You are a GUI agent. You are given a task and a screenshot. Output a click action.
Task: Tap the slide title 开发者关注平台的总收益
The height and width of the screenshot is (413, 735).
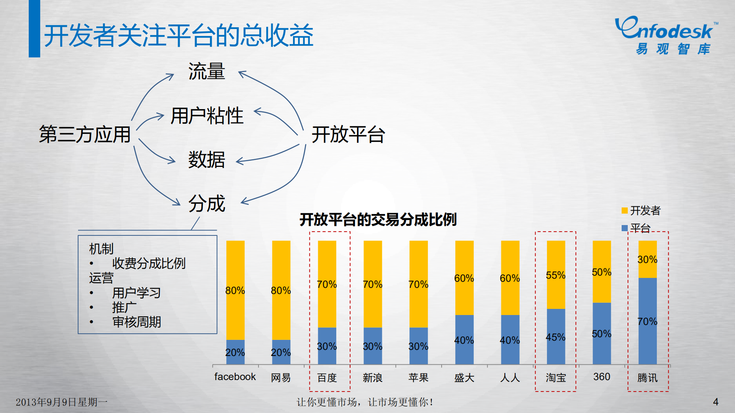(178, 36)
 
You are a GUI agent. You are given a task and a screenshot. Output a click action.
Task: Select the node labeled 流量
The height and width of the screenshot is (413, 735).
(206, 72)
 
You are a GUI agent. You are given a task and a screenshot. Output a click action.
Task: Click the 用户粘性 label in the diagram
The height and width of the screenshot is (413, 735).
(207, 116)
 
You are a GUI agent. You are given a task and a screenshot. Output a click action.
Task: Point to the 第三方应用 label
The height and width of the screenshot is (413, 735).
(85, 134)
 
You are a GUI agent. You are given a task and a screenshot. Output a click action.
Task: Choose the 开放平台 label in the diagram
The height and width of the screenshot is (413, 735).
(348, 135)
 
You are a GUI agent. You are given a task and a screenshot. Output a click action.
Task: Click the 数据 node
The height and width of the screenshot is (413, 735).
(206, 160)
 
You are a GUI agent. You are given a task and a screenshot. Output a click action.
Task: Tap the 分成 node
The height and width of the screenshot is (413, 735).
(206, 203)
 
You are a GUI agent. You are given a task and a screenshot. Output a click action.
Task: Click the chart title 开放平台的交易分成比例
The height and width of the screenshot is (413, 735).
(378, 220)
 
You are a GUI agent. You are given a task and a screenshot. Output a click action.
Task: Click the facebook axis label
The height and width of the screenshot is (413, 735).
(235, 377)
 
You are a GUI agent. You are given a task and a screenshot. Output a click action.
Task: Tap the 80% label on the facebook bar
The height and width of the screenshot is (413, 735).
(235, 291)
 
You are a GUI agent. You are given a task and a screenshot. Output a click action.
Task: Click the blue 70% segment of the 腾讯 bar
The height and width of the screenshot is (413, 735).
(647, 322)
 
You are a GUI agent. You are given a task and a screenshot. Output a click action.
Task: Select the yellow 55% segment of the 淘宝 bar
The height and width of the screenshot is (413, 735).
(555, 275)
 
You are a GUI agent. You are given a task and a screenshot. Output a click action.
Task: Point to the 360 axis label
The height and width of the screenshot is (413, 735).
(601, 377)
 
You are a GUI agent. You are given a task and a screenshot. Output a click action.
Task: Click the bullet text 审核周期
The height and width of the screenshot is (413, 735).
(136, 322)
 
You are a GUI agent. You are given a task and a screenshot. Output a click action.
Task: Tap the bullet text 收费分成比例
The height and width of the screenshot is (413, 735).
(149, 263)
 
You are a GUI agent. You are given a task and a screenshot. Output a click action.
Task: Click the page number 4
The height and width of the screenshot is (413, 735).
(715, 402)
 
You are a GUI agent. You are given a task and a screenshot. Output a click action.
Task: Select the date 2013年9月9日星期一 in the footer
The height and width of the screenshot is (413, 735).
(61, 402)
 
